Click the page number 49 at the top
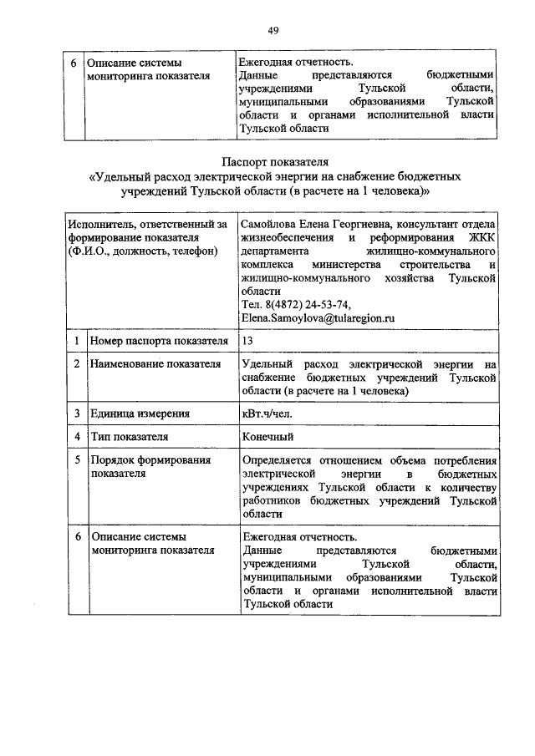273,31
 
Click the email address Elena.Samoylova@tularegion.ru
317,317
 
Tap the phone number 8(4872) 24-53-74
303,304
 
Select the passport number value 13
246,342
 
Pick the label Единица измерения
140,413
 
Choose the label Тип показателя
130,436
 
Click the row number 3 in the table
76,413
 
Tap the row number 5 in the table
76,459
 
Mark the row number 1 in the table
76,342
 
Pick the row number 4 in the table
76,436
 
